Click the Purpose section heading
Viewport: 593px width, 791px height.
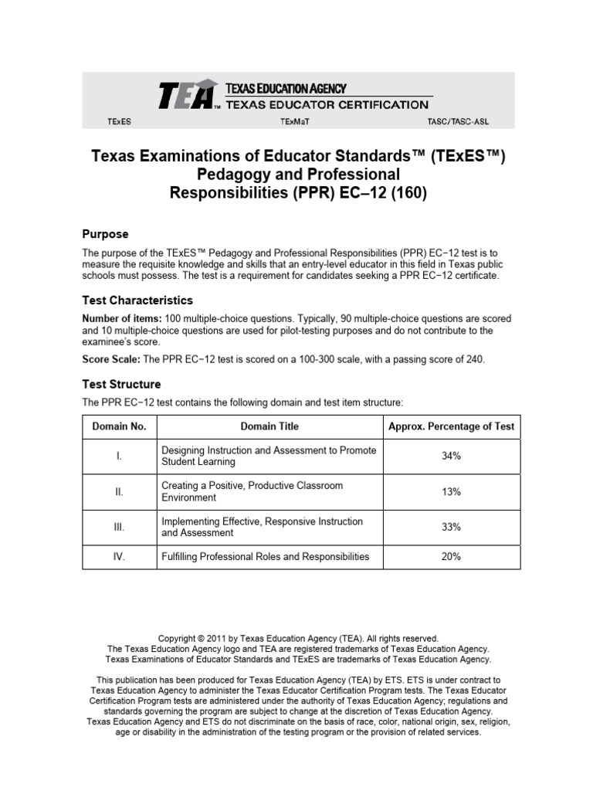pyautogui.click(x=105, y=234)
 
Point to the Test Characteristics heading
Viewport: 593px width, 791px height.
pyautogui.click(x=137, y=300)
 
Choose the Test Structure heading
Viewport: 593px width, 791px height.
pyautogui.click(x=121, y=384)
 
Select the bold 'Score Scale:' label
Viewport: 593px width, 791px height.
pyautogui.click(x=111, y=360)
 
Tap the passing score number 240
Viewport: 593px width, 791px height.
pyautogui.click(x=474, y=360)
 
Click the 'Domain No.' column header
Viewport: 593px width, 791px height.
pyautogui.click(x=119, y=426)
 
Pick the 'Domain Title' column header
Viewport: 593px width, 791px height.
pyautogui.click(x=269, y=426)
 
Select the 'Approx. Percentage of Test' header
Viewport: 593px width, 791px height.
pyautogui.click(x=451, y=426)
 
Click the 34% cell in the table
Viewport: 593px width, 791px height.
pyautogui.click(x=451, y=457)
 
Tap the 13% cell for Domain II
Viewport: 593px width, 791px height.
pyautogui.click(x=451, y=492)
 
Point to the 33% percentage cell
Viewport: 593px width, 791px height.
pyautogui.click(x=451, y=527)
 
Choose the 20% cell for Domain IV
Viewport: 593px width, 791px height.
pyautogui.click(x=451, y=557)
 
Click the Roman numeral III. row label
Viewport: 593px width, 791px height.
pyautogui.click(x=119, y=527)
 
